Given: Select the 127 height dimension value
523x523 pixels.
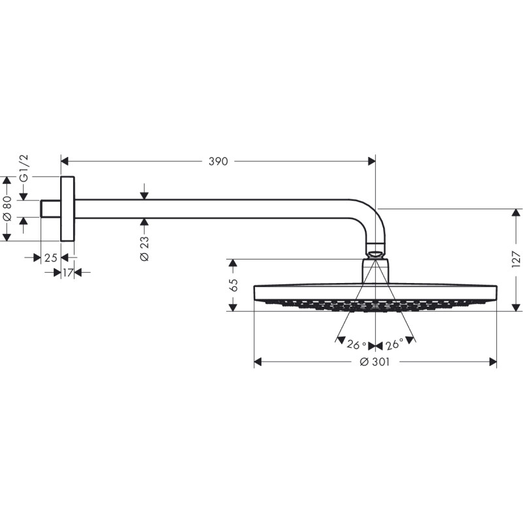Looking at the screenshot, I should [516, 260].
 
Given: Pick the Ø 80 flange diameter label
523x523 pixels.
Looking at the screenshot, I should [7, 208].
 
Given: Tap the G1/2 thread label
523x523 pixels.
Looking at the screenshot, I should [24, 169].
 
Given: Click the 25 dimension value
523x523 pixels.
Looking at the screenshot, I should [50, 258].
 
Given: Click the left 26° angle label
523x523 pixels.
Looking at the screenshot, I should [356, 345].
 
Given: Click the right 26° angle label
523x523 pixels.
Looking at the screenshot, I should [394, 345].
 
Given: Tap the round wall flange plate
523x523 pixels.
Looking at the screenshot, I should [68, 209].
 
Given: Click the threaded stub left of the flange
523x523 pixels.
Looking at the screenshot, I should [50, 209].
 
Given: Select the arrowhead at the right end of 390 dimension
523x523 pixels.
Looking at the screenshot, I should [371, 161].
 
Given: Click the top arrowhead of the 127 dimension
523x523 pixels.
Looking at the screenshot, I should [516, 213].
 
